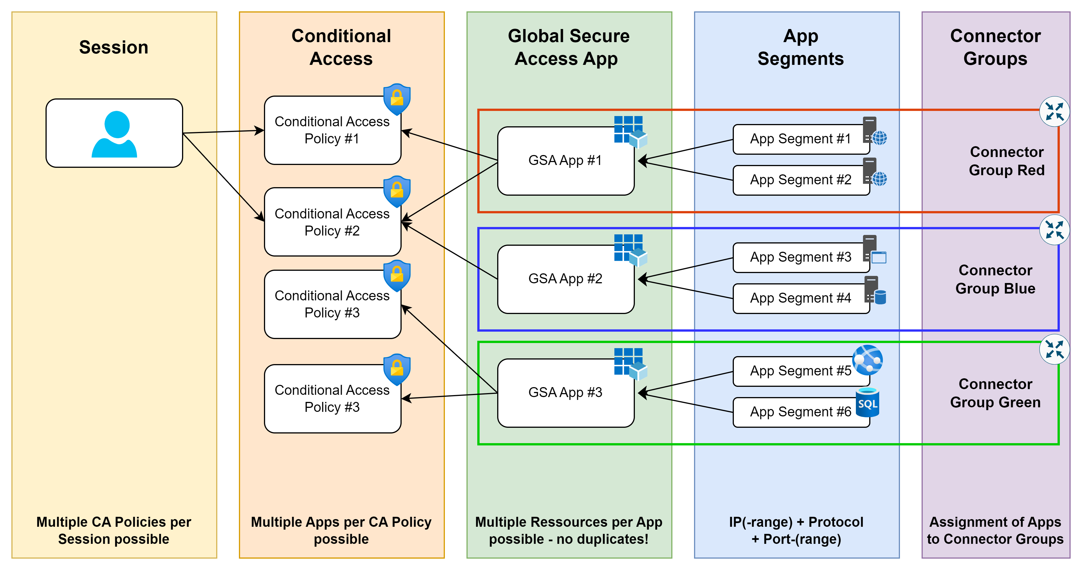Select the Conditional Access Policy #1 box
(332, 130)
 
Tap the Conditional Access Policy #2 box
(332, 222)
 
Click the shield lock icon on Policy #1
(397, 100)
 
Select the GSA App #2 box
(565, 279)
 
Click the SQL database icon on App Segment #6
(867, 402)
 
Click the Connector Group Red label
(1006, 161)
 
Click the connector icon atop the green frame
(1054, 349)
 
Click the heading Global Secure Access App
(568, 47)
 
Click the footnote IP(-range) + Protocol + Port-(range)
(796, 530)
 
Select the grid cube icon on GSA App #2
(630, 250)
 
